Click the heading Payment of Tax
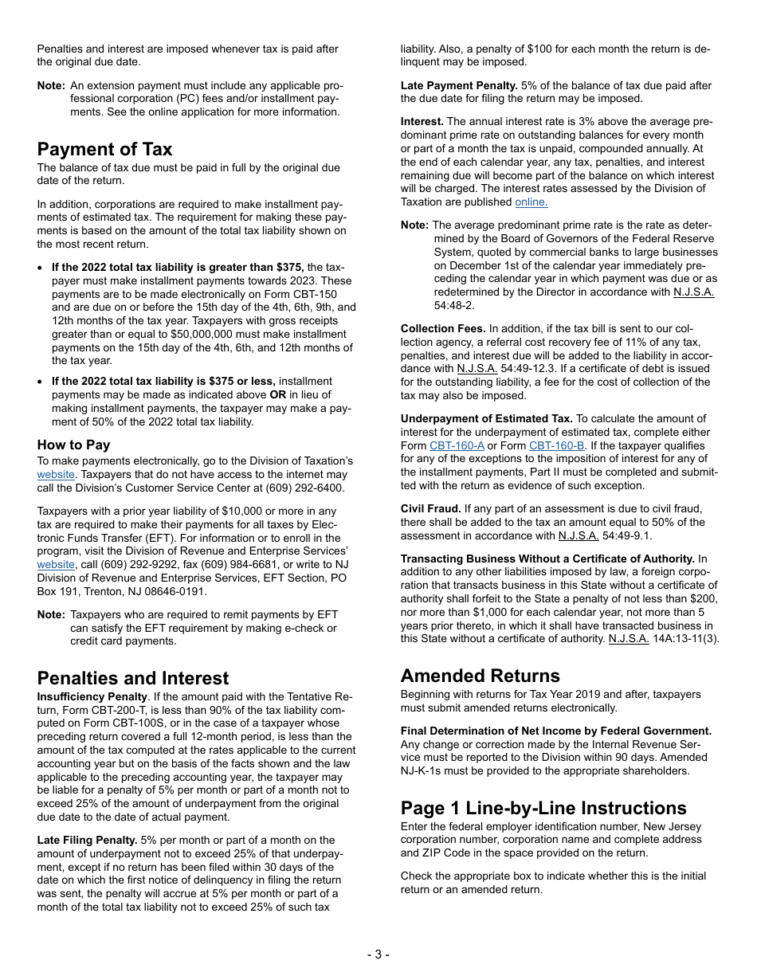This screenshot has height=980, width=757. (x=104, y=149)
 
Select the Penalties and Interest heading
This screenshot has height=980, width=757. (x=133, y=678)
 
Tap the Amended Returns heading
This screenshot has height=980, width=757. (x=480, y=676)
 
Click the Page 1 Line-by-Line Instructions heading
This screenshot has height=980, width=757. (x=543, y=808)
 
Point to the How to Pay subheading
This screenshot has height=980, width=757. (x=73, y=445)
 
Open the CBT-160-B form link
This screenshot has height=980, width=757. (x=556, y=445)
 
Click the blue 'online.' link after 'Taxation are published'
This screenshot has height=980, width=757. (x=531, y=202)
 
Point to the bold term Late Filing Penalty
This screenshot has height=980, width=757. (x=87, y=840)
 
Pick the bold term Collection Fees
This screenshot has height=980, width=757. (x=443, y=328)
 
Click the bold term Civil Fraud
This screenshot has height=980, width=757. (x=430, y=508)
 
